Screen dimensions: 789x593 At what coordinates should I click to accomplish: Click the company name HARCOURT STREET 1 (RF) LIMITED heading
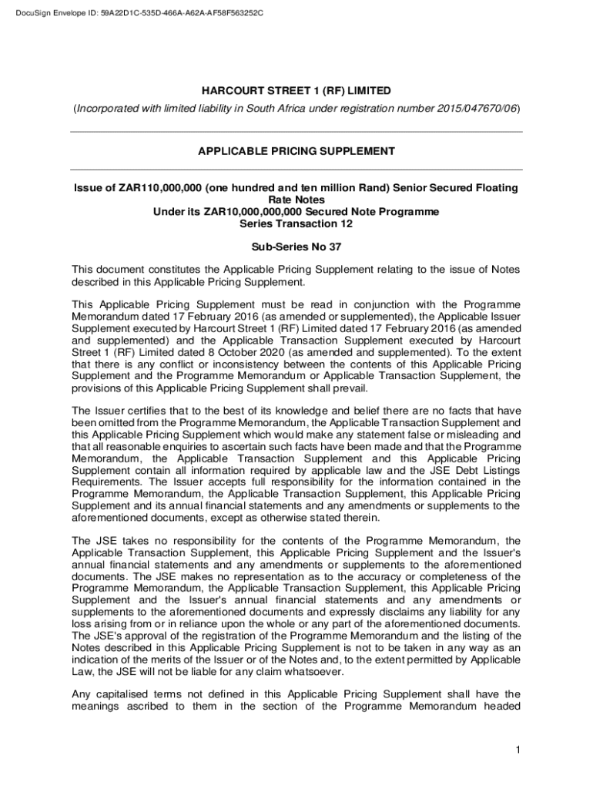click(296, 91)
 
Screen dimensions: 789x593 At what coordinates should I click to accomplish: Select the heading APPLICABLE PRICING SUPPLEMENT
click(296, 151)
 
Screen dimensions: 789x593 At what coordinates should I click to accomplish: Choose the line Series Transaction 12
click(296, 223)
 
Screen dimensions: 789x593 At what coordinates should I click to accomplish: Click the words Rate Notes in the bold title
click(296, 200)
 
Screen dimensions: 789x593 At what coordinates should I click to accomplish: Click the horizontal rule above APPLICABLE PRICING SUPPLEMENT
click(296, 132)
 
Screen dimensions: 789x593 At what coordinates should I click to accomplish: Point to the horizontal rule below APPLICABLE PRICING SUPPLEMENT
click(296, 170)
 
